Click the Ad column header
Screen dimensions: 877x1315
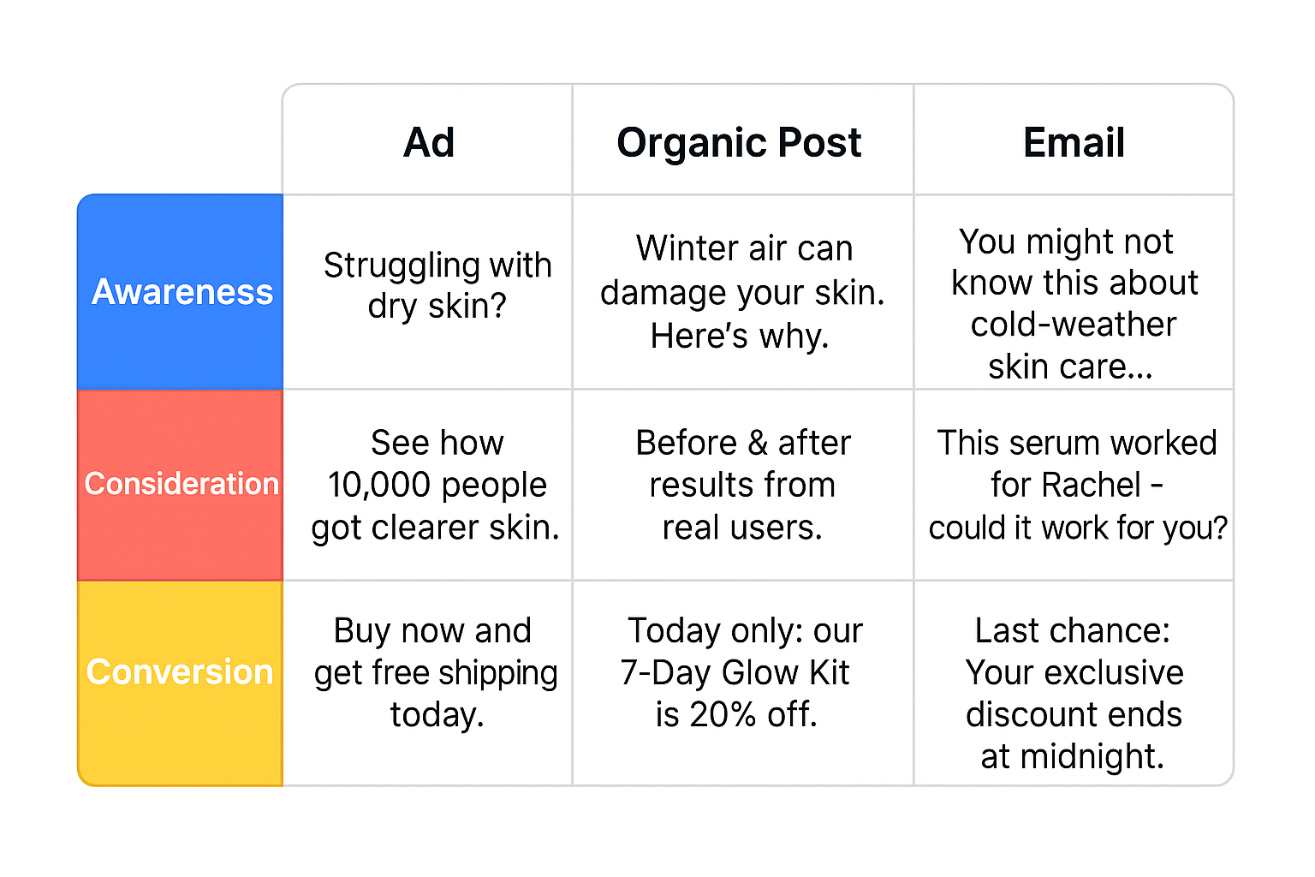click(x=429, y=142)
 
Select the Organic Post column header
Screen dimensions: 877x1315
click(x=739, y=142)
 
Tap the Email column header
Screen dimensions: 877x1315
click(x=1074, y=142)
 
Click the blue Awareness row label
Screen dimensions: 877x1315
click(x=181, y=292)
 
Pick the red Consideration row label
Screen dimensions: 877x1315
click(x=181, y=484)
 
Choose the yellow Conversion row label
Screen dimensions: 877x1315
click(x=180, y=672)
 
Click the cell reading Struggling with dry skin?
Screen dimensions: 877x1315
click(x=437, y=285)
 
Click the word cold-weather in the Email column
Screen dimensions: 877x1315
click(x=1074, y=325)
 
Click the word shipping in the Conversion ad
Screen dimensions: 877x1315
click(x=497, y=673)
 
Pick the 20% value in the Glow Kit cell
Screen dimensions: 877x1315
click(x=723, y=714)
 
